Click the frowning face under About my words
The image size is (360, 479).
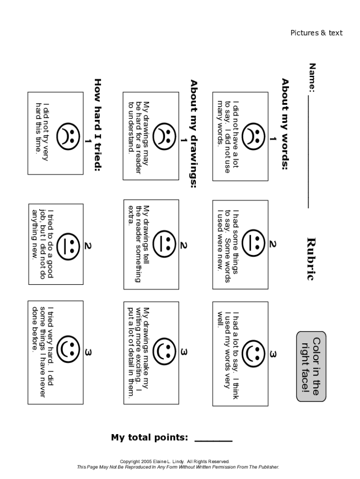pos(253,137)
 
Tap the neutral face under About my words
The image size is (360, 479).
pos(253,243)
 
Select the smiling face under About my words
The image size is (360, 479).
pos(253,354)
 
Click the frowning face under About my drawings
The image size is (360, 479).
pos(164,137)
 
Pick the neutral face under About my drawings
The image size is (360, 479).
pos(164,243)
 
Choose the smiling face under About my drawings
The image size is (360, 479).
pos(164,351)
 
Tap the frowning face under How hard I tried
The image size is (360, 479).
pos(68,137)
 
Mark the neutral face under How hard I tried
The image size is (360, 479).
pos(68,247)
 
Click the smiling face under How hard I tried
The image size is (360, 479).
pos(68,349)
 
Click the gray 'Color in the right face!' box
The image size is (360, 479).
pos(311,366)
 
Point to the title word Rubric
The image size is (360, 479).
pos(310,259)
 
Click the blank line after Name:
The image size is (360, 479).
pos(309,151)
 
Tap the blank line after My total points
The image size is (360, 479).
pos(214,441)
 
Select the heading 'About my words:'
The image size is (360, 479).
pos(285,124)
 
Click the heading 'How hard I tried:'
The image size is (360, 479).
pos(98,124)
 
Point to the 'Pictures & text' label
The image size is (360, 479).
pos(317,33)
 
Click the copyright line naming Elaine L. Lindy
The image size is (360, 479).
pos(175,461)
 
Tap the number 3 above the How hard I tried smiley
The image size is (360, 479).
pos(88,353)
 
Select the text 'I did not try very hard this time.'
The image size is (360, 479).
pos(42,131)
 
